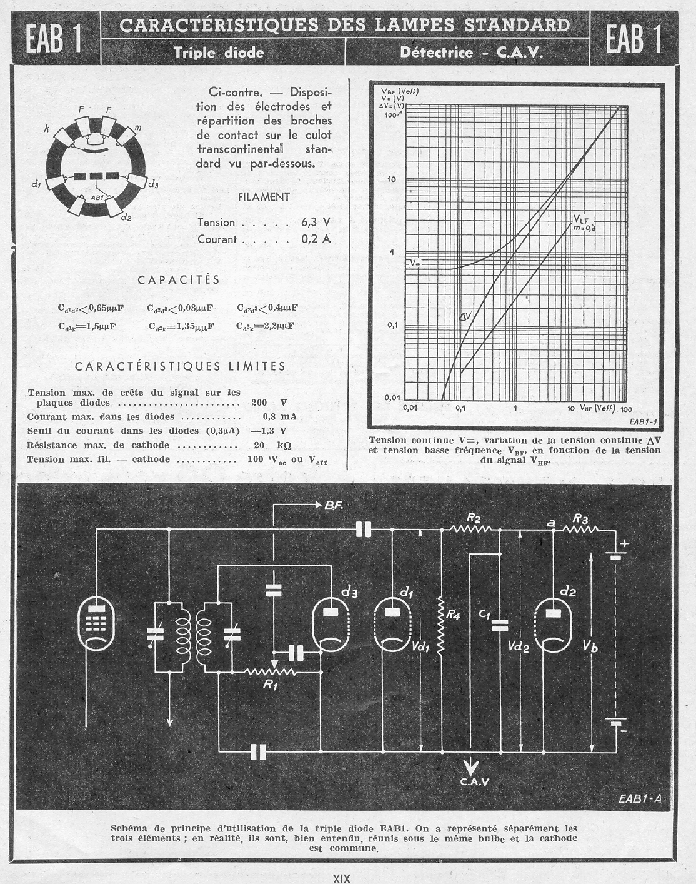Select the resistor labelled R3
tap(580, 529)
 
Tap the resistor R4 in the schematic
tap(441, 625)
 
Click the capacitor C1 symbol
tap(499, 625)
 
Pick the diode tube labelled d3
tap(331, 625)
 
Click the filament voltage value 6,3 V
tap(316, 223)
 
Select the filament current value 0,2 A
tap(316, 239)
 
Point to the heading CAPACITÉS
tap(179, 280)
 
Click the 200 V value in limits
tap(269, 403)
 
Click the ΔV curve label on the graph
tap(465, 317)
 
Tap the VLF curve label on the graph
tap(580, 219)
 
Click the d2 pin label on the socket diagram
tap(126, 217)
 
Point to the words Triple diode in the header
tap(219, 53)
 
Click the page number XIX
tap(341, 878)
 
